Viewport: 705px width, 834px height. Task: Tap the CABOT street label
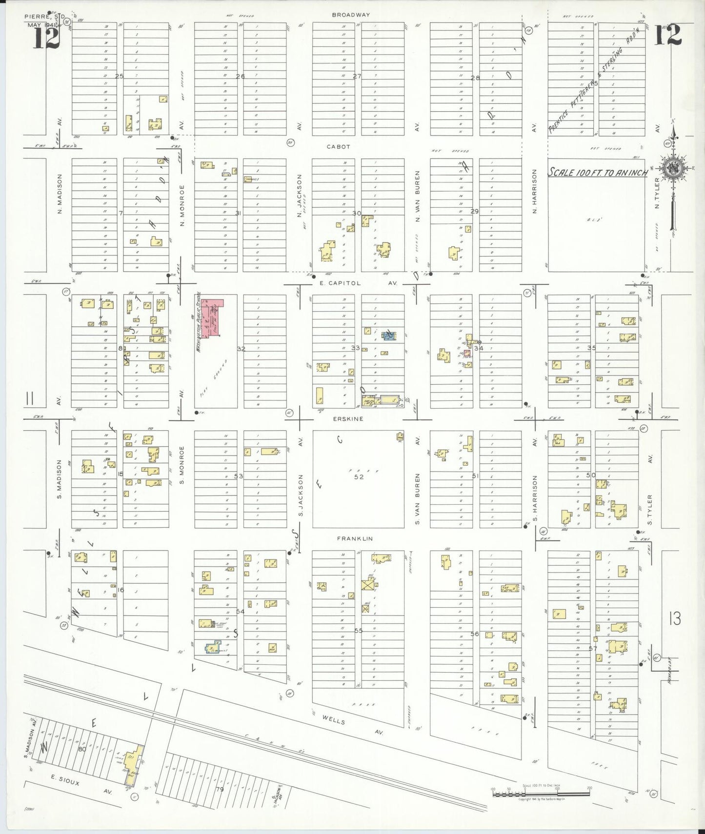click(338, 146)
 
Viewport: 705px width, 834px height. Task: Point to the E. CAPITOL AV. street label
click(360, 283)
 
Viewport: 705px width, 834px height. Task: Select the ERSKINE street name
click(348, 418)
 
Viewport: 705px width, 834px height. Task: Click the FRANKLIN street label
click(355, 538)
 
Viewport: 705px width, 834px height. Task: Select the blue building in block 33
click(389, 336)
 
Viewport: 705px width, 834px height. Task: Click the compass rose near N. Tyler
click(673, 168)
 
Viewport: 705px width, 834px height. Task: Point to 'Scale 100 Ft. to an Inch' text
click(598, 172)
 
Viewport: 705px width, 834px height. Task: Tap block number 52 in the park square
click(359, 477)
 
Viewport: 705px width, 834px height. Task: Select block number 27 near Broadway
click(357, 76)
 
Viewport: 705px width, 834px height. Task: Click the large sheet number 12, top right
click(667, 35)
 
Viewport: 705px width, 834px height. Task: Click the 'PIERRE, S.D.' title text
click(45, 17)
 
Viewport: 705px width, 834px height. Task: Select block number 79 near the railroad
click(219, 789)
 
